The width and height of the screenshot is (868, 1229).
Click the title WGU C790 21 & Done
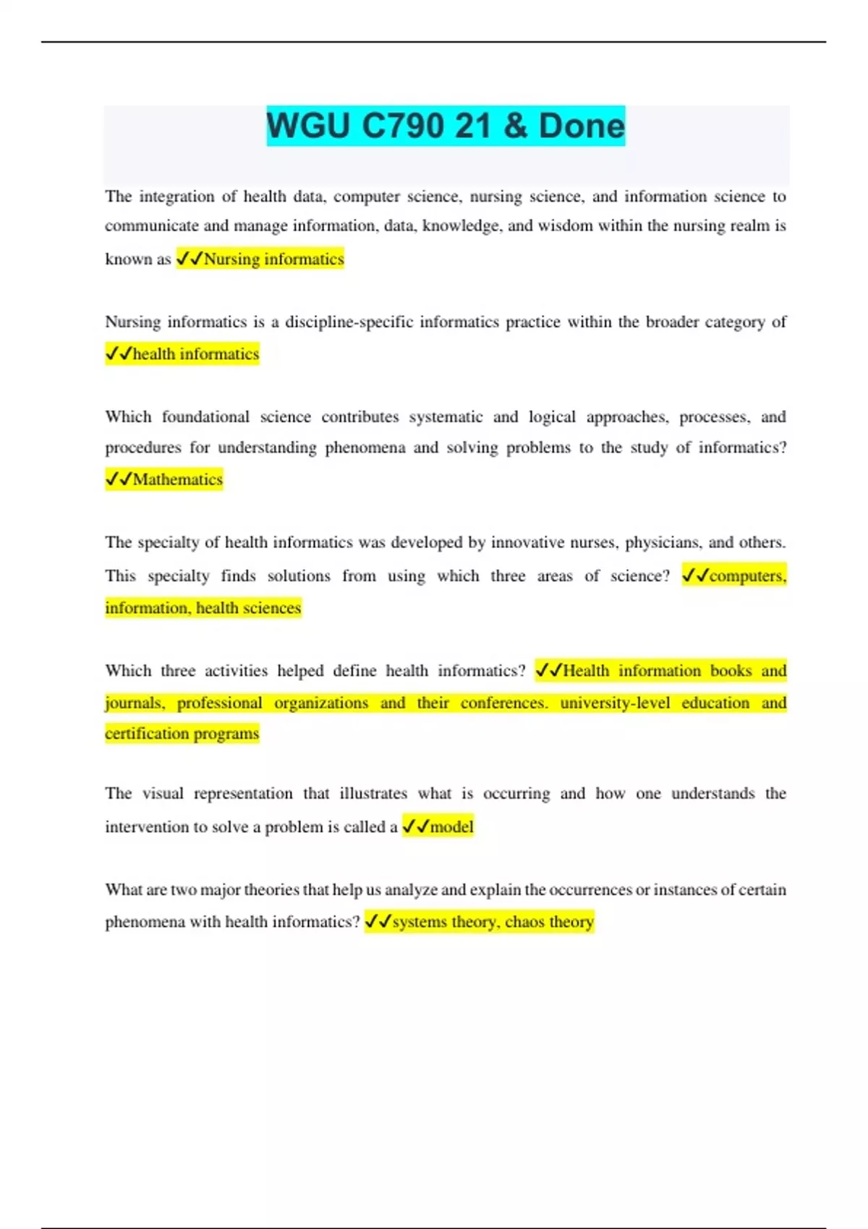(x=445, y=126)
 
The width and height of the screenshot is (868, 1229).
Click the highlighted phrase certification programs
(x=182, y=733)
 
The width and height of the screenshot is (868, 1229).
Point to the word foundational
(x=205, y=417)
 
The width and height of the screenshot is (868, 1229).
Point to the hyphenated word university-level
(x=615, y=703)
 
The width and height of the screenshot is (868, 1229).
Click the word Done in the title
(x=582, y=126)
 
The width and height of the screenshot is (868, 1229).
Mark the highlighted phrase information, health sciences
(x=203, y=607)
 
